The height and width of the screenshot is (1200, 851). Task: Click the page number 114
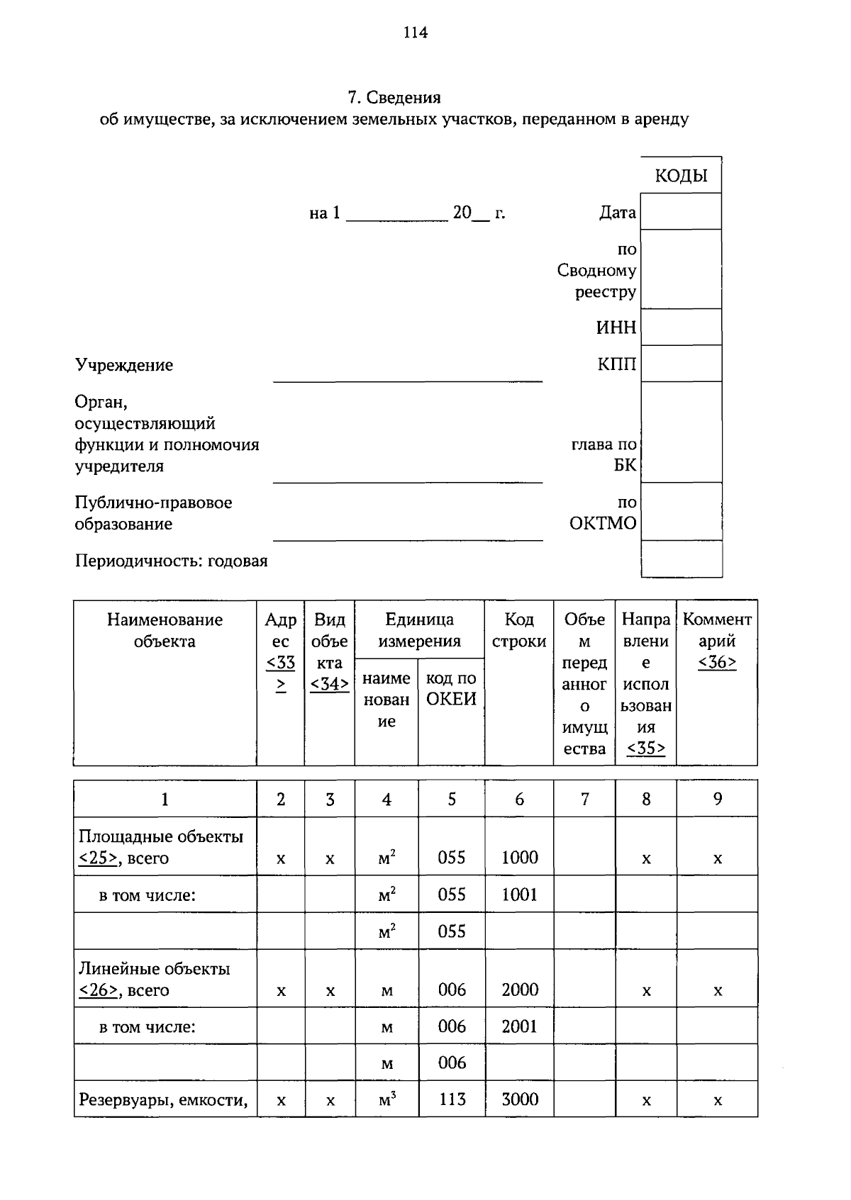pyautogui.click(x=415, y=33)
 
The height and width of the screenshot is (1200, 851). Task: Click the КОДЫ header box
pyautogui.click(x=681, y=176)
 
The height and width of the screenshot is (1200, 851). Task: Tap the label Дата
pyautogui.click(x=618, y=213)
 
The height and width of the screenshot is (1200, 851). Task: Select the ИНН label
pyautogui.click(x=616, y=327)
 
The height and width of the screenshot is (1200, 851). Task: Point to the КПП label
pyautogui.click(x=616, y=364)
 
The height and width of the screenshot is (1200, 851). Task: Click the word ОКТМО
pyautogui.click(x=603, y=524)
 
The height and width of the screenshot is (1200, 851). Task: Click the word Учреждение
pyautogui.click(x=124, y=365)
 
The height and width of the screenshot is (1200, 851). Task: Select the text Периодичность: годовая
pyautogui.click(x=172, y=561)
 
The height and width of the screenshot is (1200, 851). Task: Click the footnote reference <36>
pyautogui.click(x=717, y=663)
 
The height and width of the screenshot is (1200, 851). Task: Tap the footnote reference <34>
pyautogui.click(x=330, y=684)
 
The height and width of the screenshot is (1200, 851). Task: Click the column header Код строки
pyautogui.click(x=519, y=630)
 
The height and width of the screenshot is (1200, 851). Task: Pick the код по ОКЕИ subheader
pyautogui.click(x=451, y=689)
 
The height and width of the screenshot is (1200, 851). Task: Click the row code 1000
pyautogui.click(x=520, y=858)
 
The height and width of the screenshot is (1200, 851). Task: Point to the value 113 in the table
pyautogui.click(x=452, y=1099)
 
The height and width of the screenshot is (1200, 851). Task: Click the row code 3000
pyautogui.click(x=520, y=1099)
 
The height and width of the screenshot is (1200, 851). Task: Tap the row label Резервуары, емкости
pyautogui.click(x=163, y=1100)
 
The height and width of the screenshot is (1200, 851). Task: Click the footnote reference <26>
pyautogui.click(x=98, y=990)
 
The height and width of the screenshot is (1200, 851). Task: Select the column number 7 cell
pyautogui.click(x=584, y=800)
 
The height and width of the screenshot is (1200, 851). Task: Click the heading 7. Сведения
pyautogui.click(x=394, y=97)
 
